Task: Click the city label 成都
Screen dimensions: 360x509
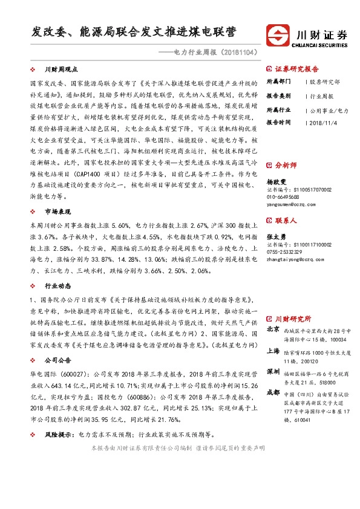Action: [273, 392]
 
